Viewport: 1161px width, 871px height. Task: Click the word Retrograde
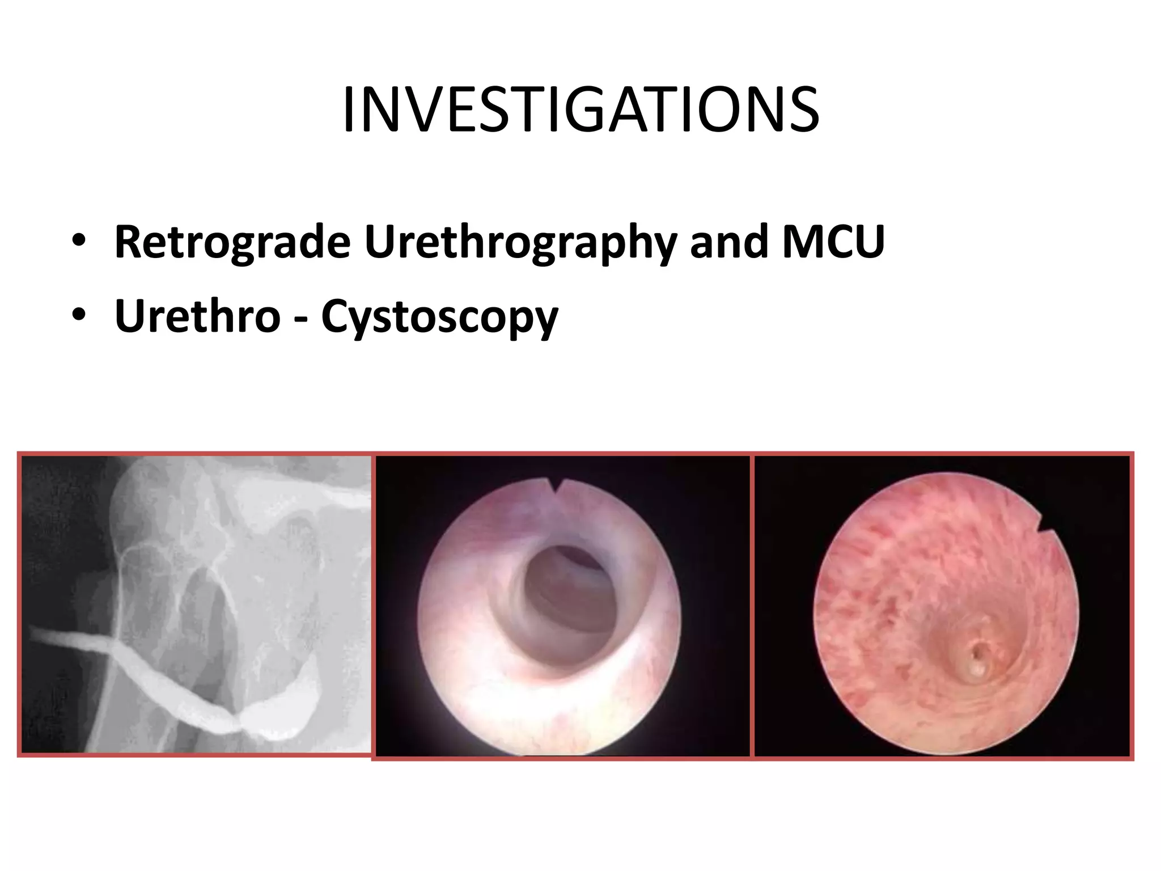[x=232, y=242]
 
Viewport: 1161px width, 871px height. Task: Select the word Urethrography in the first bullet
[x=520, y=242]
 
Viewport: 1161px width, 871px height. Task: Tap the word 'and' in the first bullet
[x=728, y=242]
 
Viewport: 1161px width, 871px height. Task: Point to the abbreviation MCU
[x=833, y=242]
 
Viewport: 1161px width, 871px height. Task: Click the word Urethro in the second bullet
[x=197, y=316]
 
